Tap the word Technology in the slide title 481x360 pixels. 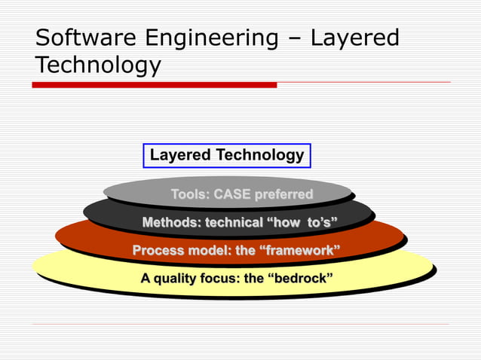(x=97, y=66)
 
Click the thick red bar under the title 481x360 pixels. (x=154, y=85)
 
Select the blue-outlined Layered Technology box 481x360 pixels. (x=227, y=156)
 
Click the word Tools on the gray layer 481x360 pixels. (x=189, y=195)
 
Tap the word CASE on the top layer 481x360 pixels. (x=231, y=195)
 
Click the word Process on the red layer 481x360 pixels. (x=157, y=251)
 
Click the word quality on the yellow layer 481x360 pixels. (x=176, y=279)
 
